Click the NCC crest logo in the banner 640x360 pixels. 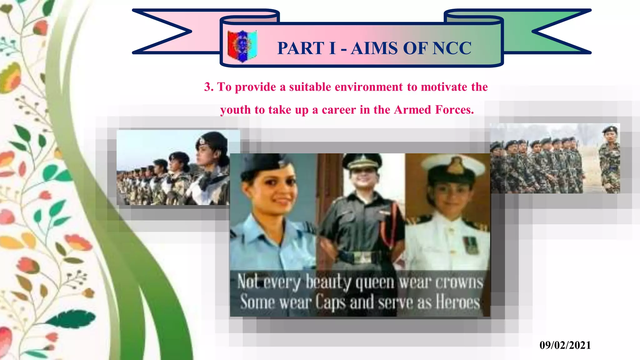coord(242,46)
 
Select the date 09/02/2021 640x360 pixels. coord(565,345)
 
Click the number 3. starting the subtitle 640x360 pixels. coord(209,87)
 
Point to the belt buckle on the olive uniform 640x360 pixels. coord(362,257)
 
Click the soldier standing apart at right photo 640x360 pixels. coord(609,159)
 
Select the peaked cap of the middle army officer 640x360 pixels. coord(362,161)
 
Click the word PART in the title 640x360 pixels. coord(300,48)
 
